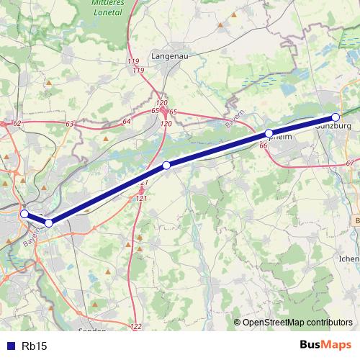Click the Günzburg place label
(x=333, y=126)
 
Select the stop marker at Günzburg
(x=336, y=117)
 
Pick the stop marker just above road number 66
(x=269, y=133)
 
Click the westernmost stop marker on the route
(x=24, y=214)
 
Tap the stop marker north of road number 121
(x=166, y=166)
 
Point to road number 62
(x=17, y=124)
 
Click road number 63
(x=69, y=125)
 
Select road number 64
(x=127, y=121)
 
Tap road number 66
(x=263, y=146)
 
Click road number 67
(x=350, y=164)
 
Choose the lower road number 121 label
(x=141, y=198)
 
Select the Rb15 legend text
(x=34, y=346)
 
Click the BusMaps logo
(x=325, y=345)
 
